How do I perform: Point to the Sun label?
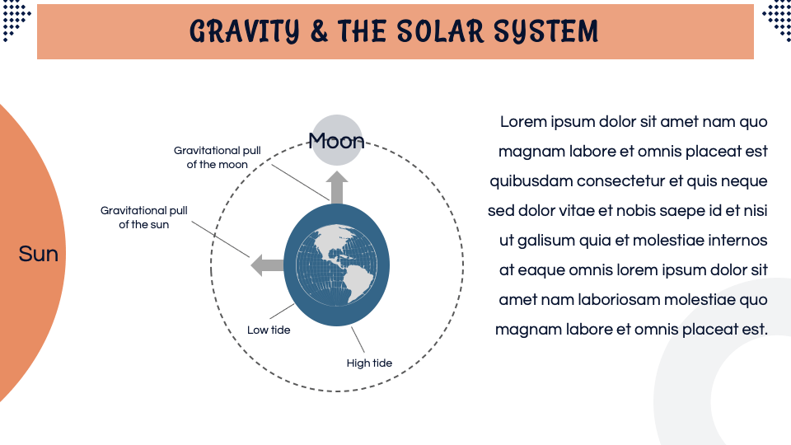[x=38, y=254]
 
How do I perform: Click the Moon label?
[x=336, y=141]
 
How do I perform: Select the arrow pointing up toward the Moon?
[x=337, y=187]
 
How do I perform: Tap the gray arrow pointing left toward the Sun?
[x=266, y=265]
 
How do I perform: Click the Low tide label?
[x=269, y=330]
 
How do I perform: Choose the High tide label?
[x=369, y=363]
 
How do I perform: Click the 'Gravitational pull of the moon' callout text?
[x=218, y=157]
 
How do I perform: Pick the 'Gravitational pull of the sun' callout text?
[x=144, y=218]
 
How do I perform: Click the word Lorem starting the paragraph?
[x=523, y=122]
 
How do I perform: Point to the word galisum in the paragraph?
[x=545, y=241]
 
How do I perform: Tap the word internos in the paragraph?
[x=737, y=241]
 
